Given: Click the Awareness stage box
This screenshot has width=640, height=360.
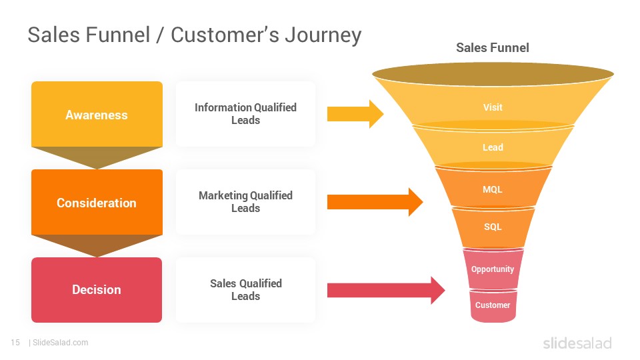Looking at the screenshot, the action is click(x=97, y=114).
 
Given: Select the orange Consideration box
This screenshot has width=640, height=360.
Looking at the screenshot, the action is click(x=97, y=203).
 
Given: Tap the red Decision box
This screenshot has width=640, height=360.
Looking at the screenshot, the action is click(x=97, y=290).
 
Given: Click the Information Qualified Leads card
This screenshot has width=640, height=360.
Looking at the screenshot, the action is click(x=245, y=114).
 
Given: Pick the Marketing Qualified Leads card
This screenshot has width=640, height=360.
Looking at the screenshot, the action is click(x=245, y=201).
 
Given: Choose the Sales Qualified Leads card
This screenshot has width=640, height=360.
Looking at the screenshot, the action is click(x=245, y=290).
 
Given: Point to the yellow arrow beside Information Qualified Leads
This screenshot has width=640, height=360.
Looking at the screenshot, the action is click(x=355, y=114).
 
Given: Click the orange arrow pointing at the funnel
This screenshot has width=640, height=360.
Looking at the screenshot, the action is click(x=375, y=201).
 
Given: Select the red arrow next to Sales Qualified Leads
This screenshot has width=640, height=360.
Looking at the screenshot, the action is click(x=386, y=290).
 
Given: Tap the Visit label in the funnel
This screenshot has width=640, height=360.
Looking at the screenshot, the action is click(x=493, y=107).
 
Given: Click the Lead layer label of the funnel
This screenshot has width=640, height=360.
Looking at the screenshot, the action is click(x=493, y=147).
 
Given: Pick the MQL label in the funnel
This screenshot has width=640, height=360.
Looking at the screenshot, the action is click(x=493, y=189).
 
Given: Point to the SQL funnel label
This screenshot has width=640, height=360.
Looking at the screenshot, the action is click(x=493, y=227).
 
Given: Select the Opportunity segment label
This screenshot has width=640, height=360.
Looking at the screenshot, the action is click(x=493, y=269).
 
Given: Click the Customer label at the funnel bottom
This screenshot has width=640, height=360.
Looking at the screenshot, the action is click(x=493, y=305).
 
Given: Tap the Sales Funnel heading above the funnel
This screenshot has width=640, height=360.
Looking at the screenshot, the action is click(x=492, y=48).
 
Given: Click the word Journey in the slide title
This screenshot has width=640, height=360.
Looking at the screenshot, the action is click(x=323, y=35).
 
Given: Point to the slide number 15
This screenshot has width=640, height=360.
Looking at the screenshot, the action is click(x=15, y=343).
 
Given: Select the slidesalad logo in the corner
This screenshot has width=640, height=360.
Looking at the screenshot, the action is click(x=577, y=343).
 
